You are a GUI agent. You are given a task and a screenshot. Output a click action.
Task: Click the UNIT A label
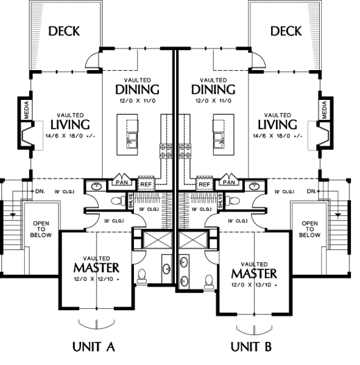[94, 346]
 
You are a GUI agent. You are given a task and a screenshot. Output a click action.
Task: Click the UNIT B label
[251, 346]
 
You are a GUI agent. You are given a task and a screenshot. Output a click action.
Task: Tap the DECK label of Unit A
[64, 31]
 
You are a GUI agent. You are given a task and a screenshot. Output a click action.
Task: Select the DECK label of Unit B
[286, 31]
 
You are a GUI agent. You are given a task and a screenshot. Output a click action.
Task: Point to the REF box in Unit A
[146, 185]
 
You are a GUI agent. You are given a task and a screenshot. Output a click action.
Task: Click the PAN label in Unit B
[229, 182]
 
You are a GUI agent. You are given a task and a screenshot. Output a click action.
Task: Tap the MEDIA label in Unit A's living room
[26, 110]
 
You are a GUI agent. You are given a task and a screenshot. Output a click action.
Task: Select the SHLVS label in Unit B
[221, 201]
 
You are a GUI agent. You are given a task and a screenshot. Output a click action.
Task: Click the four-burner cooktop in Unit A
[166, 151]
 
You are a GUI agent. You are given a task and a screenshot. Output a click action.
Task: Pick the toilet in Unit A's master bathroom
[142, 276]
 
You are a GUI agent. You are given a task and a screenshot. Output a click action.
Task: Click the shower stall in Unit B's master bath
[193, 240]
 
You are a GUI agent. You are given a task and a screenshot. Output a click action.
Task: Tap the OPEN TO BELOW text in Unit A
[41, 229]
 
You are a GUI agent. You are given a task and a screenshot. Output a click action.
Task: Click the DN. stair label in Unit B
[311, 192]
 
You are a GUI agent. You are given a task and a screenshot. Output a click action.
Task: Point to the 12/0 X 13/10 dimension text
[254, 285]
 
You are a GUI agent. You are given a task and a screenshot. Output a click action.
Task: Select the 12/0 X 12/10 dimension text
[96, 279]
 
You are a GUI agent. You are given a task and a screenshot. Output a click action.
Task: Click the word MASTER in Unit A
[96, 268]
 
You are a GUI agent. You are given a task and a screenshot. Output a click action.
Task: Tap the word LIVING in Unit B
[277, 124]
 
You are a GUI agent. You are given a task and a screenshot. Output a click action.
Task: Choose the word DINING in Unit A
[137, 90]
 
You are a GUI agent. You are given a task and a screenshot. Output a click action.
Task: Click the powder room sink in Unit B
[255, 186]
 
